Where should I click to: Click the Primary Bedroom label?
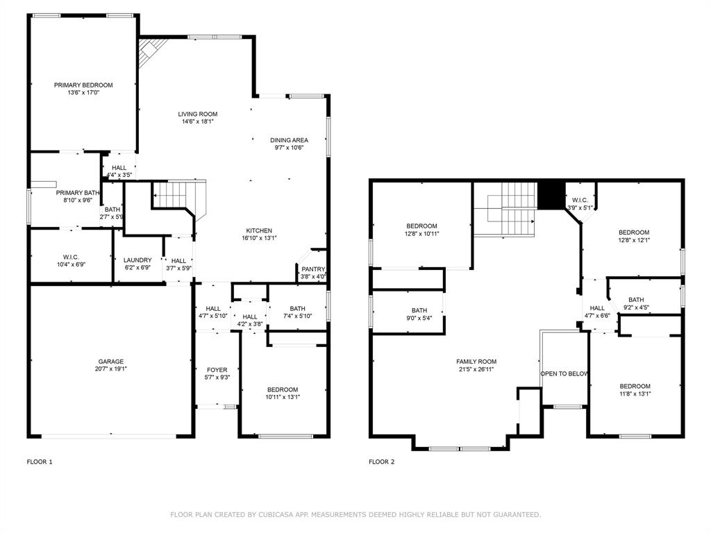pyautogui.click(x=83, y=85)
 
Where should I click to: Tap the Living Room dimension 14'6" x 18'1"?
pyautogui.click(x=198, y=121)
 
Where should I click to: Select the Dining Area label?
pyautogui.click(x=289, y=140)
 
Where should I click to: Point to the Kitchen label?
pyautogui.click(x=259, y=230)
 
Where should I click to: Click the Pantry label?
pyautogui.click(x=313, y=269)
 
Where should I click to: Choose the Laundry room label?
pyautogui.click(x=137, y=260)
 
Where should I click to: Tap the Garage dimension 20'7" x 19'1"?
pyautogui.click(x=111, y=369)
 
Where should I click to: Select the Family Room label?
pyautogui.click(x=476, y=362)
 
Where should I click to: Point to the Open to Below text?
pyautogui.click(x=564, y=373)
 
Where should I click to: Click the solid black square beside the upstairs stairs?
pyautogui.click(x=552, y=194)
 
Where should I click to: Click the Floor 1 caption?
pyautogui.click(x=40, y=462)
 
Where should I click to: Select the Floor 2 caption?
pyautogui.click(x=382, y=462)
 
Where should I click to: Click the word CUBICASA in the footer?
pyautogui.click(x=268, y=515)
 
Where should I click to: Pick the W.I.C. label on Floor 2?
pyautogui.click(x=580, y=200)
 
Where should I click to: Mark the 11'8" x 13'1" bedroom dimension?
pyautogui.click(x=635, y=394)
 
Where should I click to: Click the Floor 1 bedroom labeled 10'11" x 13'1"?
pyautogui.click(x=283, y=389)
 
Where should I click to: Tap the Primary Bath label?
pyautogui.click(x=78, y=193)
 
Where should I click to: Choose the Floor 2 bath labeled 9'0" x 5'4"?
pyautogui.click(x=419, y=310)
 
